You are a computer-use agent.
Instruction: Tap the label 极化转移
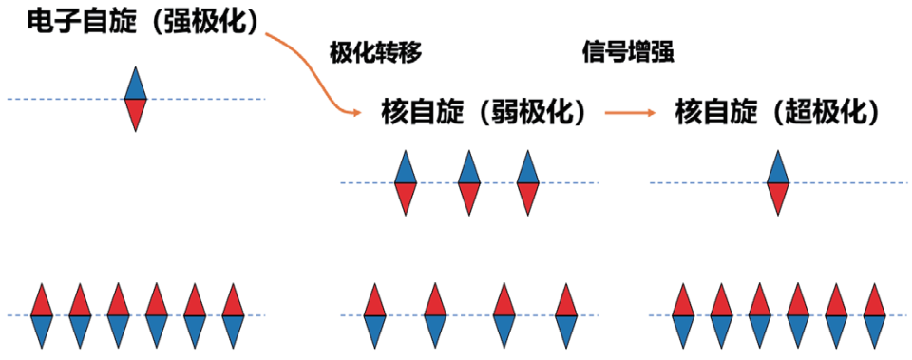click(x=375, y=52)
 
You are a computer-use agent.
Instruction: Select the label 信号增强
click(x=628, y=52)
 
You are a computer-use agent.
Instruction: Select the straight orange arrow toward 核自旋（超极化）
click(x=630, y=113)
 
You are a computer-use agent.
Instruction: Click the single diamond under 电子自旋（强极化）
click(x=137, y=99)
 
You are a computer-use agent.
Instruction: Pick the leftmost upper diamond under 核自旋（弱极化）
click(x=406, y=182)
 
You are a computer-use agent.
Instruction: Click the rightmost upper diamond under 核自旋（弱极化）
click(x=529, y=182)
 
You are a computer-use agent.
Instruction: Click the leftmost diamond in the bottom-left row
click(x=41, y=314)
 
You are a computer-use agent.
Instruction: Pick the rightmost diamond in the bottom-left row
click(x=234, y=314)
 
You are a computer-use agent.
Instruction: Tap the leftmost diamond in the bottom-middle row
click(x=375, y=314)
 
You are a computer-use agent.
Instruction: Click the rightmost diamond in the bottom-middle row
click(x=567, y=314)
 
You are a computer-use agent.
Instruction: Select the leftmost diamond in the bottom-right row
click(x=682, y=314)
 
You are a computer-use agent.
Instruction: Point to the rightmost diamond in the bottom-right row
click(x=873, y=314)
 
